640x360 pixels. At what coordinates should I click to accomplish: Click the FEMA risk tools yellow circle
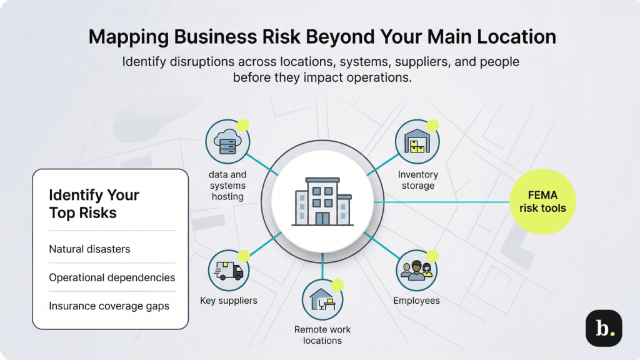pyautogui.click(x=542, y=202)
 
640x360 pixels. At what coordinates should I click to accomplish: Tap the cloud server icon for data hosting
pyautogui.click(x=227, y=142)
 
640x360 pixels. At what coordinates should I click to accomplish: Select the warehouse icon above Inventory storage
pyautogui.click(x=416, y=142)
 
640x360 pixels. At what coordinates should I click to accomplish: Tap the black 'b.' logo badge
pyautogui.click(x=603, y=328)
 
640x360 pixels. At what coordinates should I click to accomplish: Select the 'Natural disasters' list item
pyautogui.click(x=89, y=249)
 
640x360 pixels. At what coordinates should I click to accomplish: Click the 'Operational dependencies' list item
pyautogui.click(x=112, y=277)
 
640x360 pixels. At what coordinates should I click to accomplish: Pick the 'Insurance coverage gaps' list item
pyautogui.click(x=109, y=306)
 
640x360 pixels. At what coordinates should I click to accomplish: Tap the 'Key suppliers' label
pyautogui.click(x=228, y=301)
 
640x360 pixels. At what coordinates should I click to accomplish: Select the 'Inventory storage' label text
pyautogui.click(x=417, y=180)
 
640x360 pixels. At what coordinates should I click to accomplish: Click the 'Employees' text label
pyautogui.click(x=416, y=301)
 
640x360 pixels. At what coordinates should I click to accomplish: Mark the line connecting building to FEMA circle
pyautogui.click(x=444, y=202)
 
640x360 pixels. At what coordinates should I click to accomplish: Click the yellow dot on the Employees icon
pyautogui.click(x=432, y=255)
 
